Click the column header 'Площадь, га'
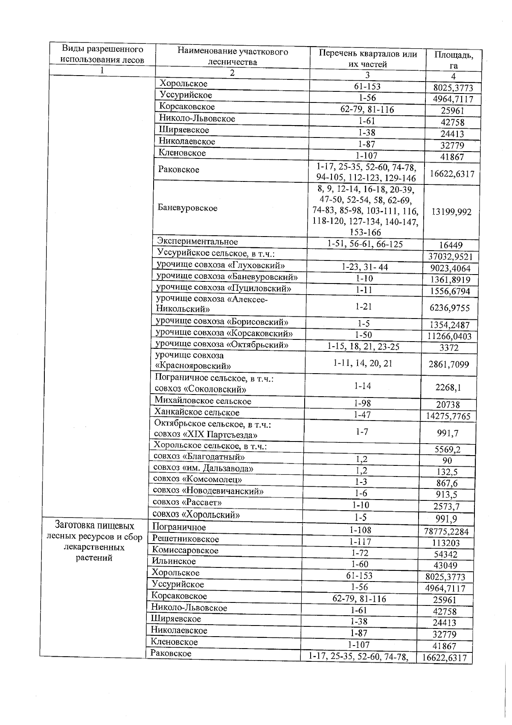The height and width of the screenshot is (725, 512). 453,60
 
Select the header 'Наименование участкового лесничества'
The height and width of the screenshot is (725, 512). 233,57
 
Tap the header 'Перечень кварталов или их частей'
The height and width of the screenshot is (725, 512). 367,59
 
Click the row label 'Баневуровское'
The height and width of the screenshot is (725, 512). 187,208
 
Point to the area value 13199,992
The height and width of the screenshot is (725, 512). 451,212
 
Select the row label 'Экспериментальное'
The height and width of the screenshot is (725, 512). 198,242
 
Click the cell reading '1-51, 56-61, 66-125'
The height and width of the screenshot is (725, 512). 365,244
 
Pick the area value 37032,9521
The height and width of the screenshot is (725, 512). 450,257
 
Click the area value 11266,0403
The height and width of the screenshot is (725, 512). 449,336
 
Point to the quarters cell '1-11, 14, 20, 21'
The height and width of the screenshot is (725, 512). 362,363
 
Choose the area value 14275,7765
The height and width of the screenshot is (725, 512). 448,416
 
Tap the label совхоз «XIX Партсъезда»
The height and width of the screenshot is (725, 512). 206,435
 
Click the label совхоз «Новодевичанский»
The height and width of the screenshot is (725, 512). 208,491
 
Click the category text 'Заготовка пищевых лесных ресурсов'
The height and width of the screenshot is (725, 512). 94,531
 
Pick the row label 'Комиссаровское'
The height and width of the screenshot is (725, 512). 185,550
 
